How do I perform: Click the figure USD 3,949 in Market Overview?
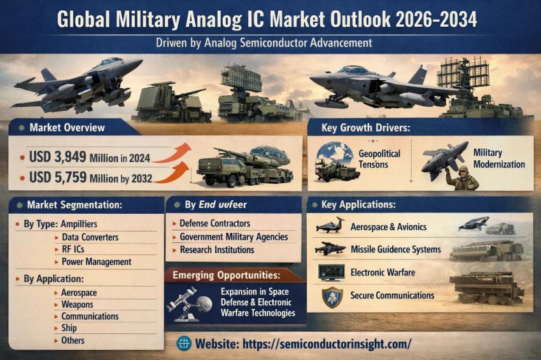58,157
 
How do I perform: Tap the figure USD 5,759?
58,177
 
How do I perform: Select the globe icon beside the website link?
184,343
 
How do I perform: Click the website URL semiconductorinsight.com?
327,344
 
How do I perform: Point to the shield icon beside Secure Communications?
332,297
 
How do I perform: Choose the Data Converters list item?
90,237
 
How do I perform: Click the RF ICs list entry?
73,249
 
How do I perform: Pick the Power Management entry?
96,261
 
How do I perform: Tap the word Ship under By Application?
69,328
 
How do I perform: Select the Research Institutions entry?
217,250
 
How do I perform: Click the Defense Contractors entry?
214,223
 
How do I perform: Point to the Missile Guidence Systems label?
396,249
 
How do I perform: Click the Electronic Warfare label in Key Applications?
383,272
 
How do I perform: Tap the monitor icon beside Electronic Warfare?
331,272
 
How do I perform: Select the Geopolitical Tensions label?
379,158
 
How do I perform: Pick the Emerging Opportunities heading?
227,275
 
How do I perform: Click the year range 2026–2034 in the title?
436,19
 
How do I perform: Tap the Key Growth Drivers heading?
366,128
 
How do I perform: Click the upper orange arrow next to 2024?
172,153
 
